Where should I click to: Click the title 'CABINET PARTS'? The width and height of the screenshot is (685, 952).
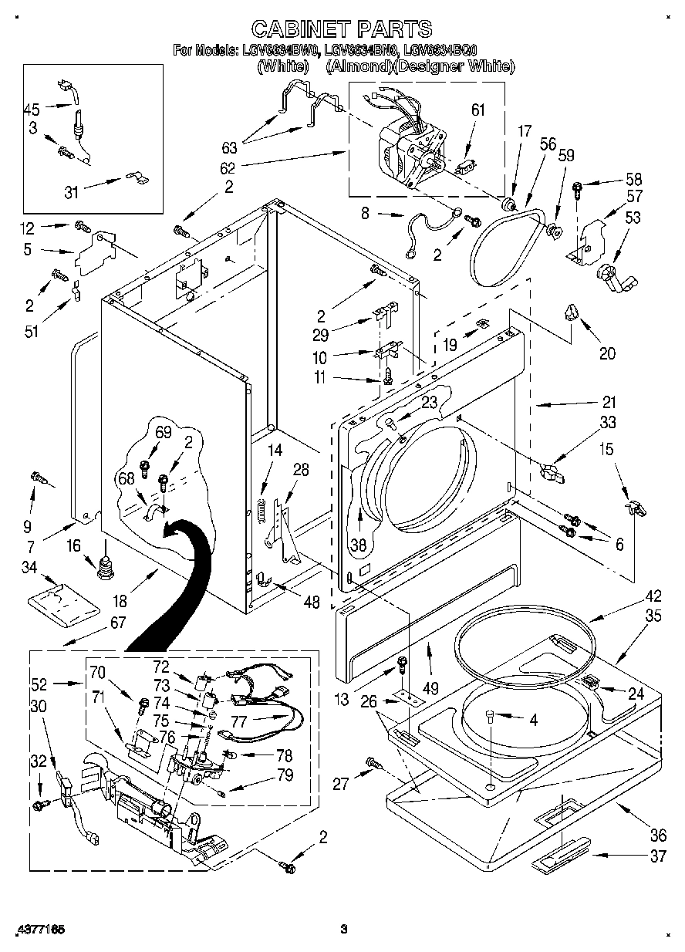tap(342, 29)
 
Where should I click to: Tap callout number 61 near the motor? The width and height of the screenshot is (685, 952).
tap(478, 110)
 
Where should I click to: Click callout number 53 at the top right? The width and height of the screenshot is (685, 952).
tap(632, 218)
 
